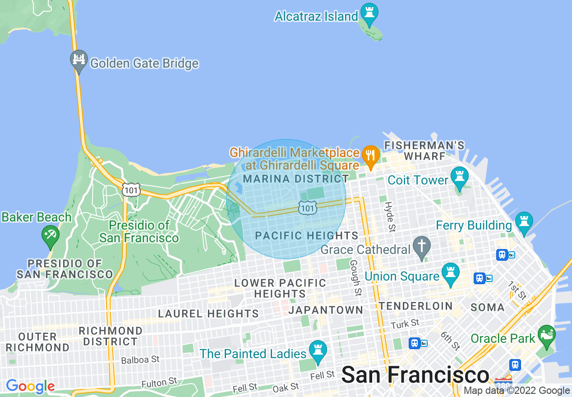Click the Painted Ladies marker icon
point(318,351)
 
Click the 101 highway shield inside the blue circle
point(308,208)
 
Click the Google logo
point(30,386)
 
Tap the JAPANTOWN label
point(325,310)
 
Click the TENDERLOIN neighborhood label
point(415,306)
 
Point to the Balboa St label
point(140,360)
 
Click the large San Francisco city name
point(415,375)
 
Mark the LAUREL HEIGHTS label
point(208,314)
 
